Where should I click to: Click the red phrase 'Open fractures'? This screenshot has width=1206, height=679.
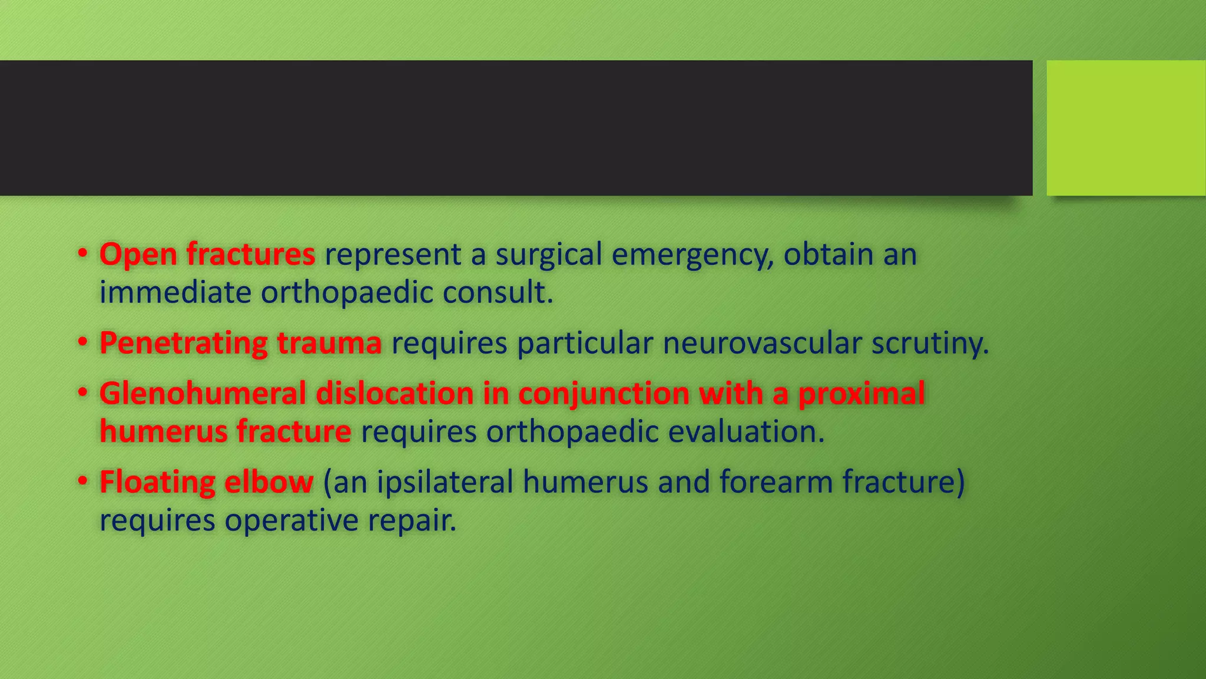207,255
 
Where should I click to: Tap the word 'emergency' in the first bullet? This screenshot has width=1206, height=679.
693,255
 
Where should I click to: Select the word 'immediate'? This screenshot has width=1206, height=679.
175,292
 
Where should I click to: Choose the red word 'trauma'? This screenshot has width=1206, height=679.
329,343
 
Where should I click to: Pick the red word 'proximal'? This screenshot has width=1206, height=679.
861,393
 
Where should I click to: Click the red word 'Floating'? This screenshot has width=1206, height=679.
157,482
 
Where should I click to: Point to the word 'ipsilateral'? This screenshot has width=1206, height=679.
445,482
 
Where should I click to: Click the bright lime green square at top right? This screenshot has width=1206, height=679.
1125,128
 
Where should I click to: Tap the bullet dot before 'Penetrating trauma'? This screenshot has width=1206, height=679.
83,342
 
